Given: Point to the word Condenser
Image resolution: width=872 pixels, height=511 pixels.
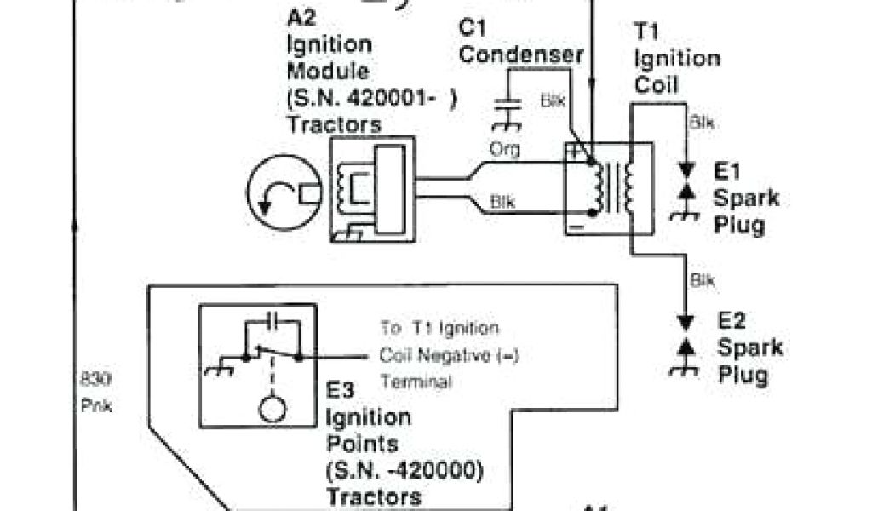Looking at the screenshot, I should (522, 55).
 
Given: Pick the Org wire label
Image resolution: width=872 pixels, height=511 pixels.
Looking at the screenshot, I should (503, 150).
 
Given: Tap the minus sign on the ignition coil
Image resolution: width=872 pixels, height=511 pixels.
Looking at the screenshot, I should (576, 227).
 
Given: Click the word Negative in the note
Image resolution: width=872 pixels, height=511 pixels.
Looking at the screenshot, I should (451, 356).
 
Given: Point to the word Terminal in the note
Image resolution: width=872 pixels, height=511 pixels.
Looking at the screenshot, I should (416, 382).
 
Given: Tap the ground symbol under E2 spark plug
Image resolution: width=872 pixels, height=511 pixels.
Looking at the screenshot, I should (682, 369).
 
